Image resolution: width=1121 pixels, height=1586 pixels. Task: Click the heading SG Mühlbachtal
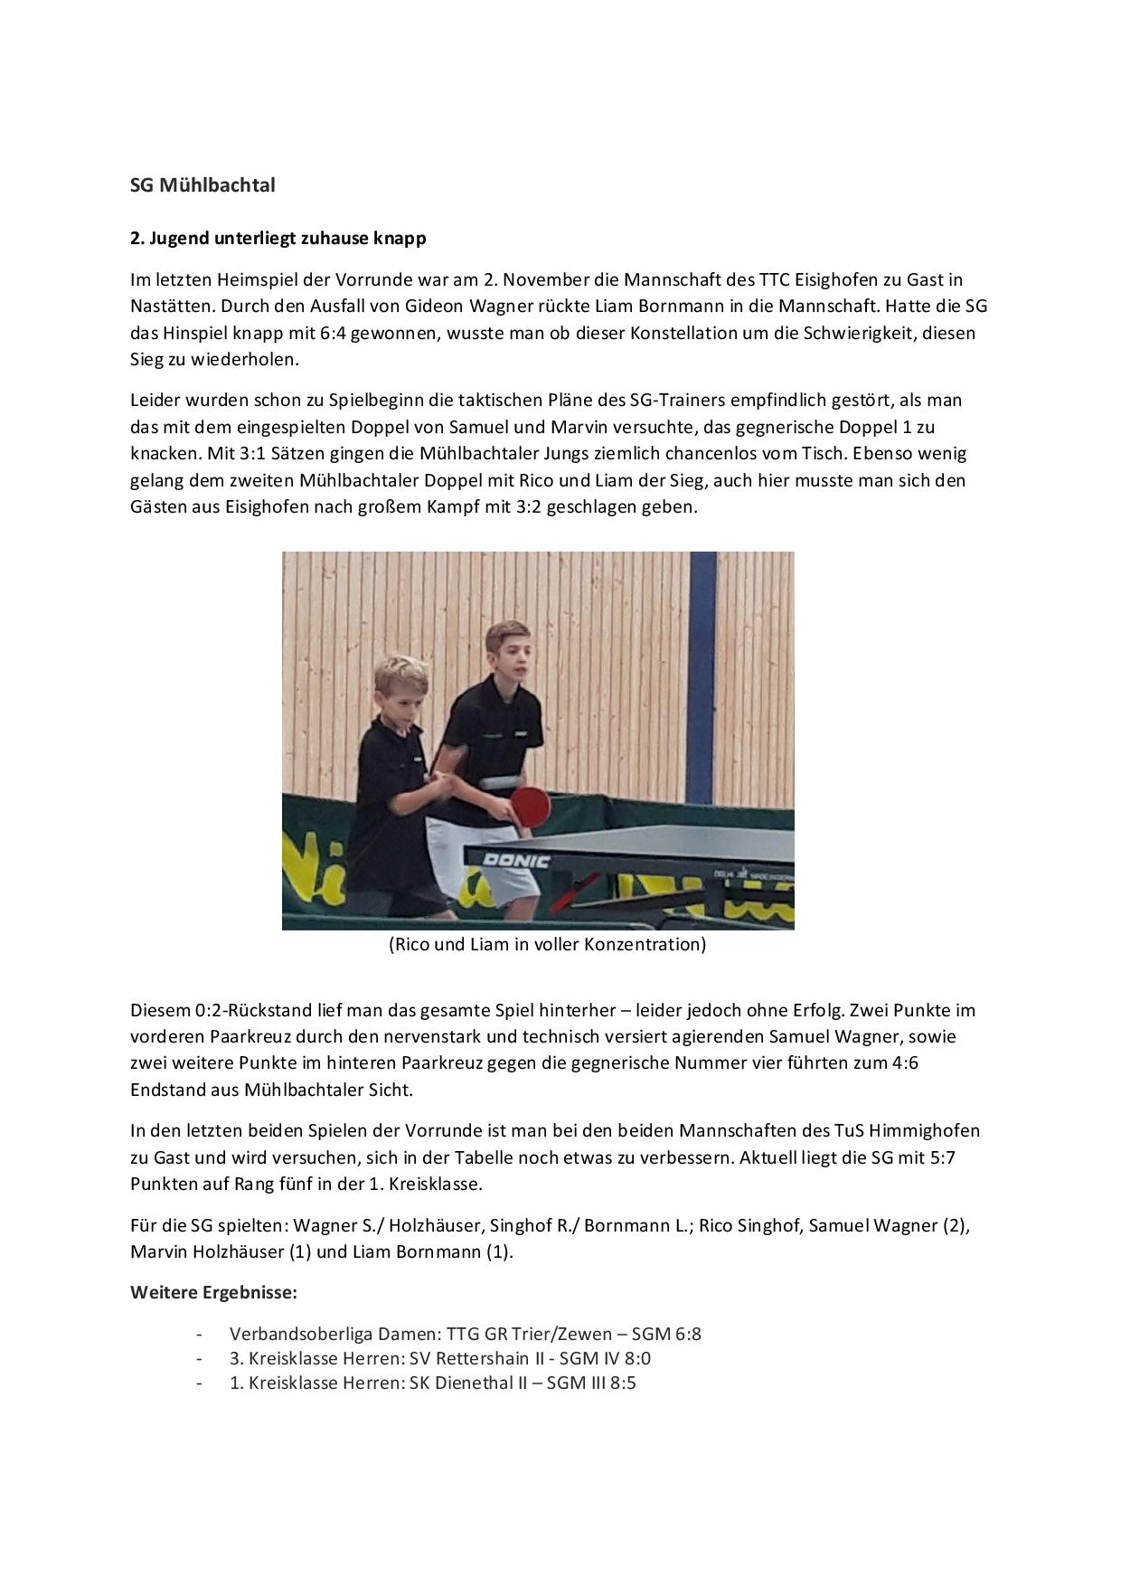pyautogui.click(x=203, y=185)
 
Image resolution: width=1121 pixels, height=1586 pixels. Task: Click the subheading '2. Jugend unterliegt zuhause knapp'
pyautogui.click(x=278, y=239)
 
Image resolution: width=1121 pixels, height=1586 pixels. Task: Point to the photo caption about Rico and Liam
pyautogui.click(x=547, y=945)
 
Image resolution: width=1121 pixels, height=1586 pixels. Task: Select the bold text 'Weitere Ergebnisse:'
pyautogui.click(x=213, y=1292)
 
